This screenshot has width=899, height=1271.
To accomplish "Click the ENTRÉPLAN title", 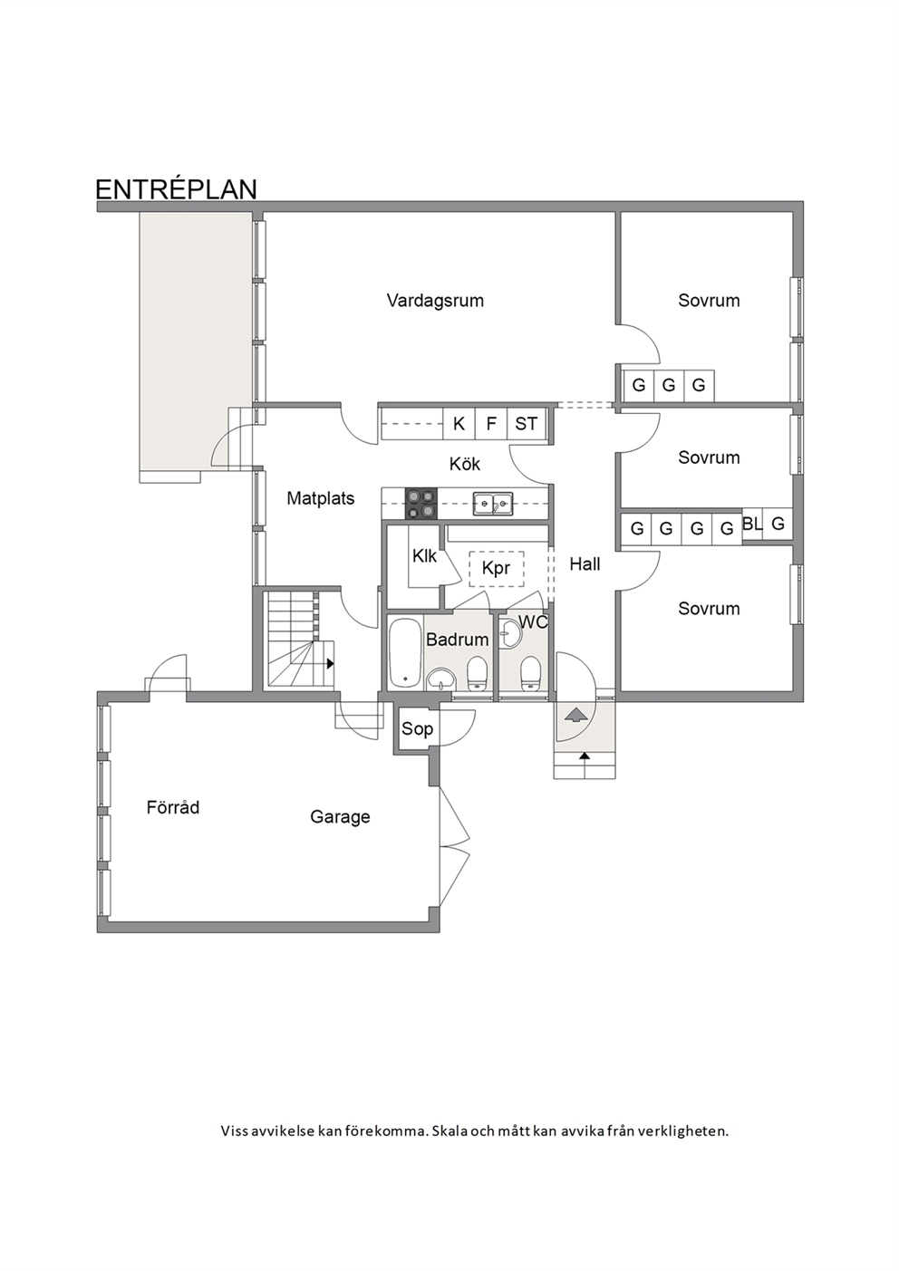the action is coord(176,189).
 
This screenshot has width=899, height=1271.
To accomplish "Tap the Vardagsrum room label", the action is coord(435,301).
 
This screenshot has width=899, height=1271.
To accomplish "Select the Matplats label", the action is coord(320,499).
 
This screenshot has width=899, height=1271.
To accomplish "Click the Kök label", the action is coord(464,464).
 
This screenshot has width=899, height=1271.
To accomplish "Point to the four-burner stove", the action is coord(420,504).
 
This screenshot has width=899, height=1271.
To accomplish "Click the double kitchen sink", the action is coord(493,504).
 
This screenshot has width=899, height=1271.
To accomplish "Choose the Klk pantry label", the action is coord(424,556).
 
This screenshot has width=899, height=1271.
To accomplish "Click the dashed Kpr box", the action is coord(497,569).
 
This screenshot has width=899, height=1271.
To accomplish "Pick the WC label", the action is coord(533,622).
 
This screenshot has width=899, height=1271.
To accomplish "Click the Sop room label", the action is coord(417,729).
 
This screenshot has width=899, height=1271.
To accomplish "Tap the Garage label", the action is coord(340,817).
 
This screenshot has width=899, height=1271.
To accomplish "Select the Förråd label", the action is coord(172,807).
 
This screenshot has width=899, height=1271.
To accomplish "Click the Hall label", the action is coord(585,564).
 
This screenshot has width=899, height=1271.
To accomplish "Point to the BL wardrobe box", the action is coord(752,525).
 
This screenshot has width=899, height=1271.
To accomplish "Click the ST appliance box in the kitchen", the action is coord(527,424).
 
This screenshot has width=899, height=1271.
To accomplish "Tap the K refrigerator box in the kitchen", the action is coord(459,424).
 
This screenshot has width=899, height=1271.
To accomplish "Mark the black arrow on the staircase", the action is coord(330,663).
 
